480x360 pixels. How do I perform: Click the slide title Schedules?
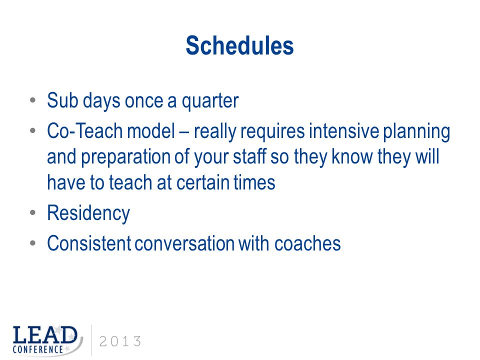(x=239, y=46)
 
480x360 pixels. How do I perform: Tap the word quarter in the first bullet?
(x=210, y=101)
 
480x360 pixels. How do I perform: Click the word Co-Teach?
(x=85, y=131)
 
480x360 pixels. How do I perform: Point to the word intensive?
(x=344, y=131)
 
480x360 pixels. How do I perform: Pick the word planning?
(x=416, y=132)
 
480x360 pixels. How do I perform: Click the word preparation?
(x=125, y=157)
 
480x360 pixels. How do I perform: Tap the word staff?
(x=249, y=156)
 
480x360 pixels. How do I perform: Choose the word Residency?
(x=88, y=213)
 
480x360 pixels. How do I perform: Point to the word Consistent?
(x=89, y=243)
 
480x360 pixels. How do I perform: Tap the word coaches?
(x=307, y=243)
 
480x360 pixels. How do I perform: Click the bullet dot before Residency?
(x=33, y=212)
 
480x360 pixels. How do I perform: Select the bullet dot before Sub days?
(x=33, y=100)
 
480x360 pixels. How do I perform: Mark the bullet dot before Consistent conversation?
(x=33, y=243)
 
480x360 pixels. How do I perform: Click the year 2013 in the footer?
(x=120, y=341)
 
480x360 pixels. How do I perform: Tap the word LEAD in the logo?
(x=45, y=335)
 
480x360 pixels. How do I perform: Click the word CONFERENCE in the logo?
(x=37, y=349)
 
